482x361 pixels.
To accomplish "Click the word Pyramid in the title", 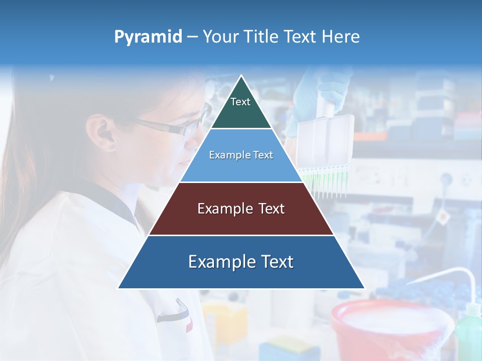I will tap(148, 37).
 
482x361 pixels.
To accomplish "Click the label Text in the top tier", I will tap(240, 102).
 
